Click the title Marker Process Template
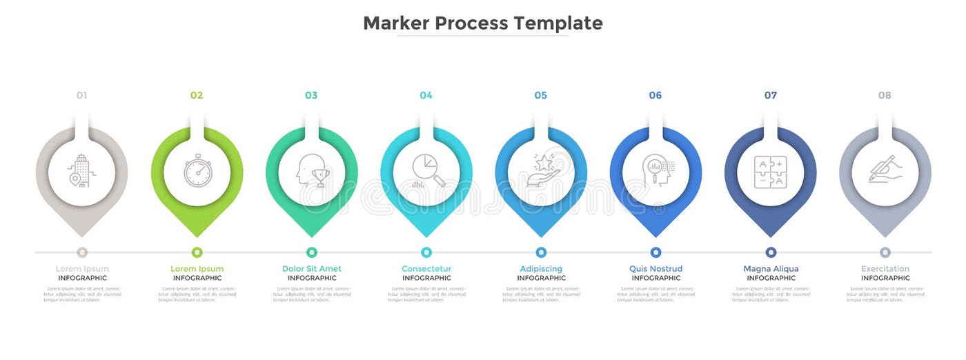[x=483, y=23]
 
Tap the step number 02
[x=197, y=95]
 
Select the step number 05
[x=540, y=95]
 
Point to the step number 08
[x=885, y=95]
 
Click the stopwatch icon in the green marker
[x=197, y=171]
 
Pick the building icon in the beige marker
[x=82, y=171]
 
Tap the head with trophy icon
[x=312, y=171]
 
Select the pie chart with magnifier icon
[x=426, y=171]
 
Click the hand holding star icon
[x=541, y=171]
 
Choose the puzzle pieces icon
[x=770, y=171]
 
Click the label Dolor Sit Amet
[x=312, y=269]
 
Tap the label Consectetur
[x=426, y=269]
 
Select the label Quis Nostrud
[x=655, y=269]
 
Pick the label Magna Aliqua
[x=771, y=269]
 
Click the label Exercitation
[x=885, y=269]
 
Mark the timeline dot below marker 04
[x=426, y=252]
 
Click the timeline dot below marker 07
[x=771, y=252]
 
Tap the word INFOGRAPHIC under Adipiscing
[x=541, y=278]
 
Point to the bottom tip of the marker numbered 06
[x=655, y=235]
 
